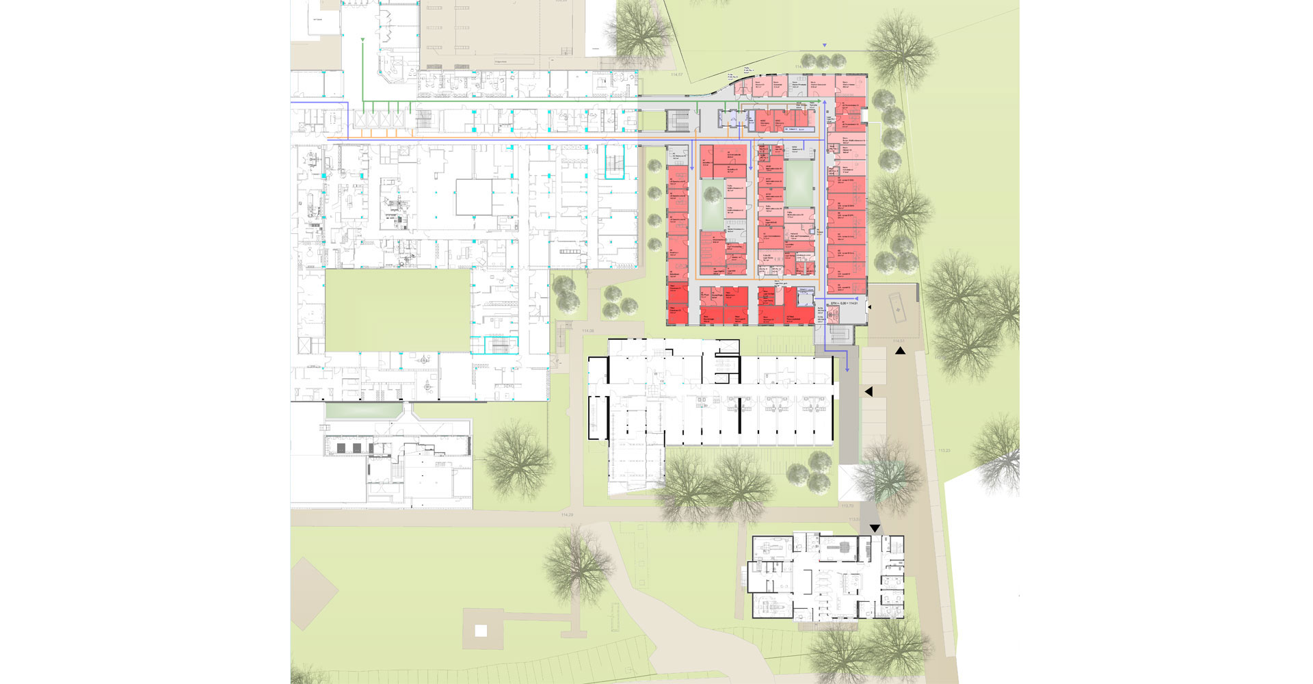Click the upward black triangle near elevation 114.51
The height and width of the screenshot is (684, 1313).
coord(901,351)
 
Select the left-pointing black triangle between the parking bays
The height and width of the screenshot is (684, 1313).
coord(868,392)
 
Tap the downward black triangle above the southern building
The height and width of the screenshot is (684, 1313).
coord(875,529)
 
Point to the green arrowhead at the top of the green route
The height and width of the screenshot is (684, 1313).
coord(361,42)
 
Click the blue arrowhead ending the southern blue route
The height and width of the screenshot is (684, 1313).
coord(847,369)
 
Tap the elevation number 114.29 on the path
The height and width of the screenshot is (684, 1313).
coord(566,514)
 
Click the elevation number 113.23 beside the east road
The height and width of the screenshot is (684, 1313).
coord(944,451)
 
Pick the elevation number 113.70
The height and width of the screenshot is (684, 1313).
coord(847,506)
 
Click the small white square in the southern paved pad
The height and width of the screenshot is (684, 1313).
coord(481,631)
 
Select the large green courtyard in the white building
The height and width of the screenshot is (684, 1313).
coord(397,310)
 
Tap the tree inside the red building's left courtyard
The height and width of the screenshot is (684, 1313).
coord(712,198)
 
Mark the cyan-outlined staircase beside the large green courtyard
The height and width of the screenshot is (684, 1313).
coord(501,345)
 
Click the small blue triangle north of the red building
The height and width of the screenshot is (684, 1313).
coord(825,45)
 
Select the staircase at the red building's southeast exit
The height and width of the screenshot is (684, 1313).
coord(839,334)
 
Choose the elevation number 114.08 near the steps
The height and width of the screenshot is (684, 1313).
coord(587,331)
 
